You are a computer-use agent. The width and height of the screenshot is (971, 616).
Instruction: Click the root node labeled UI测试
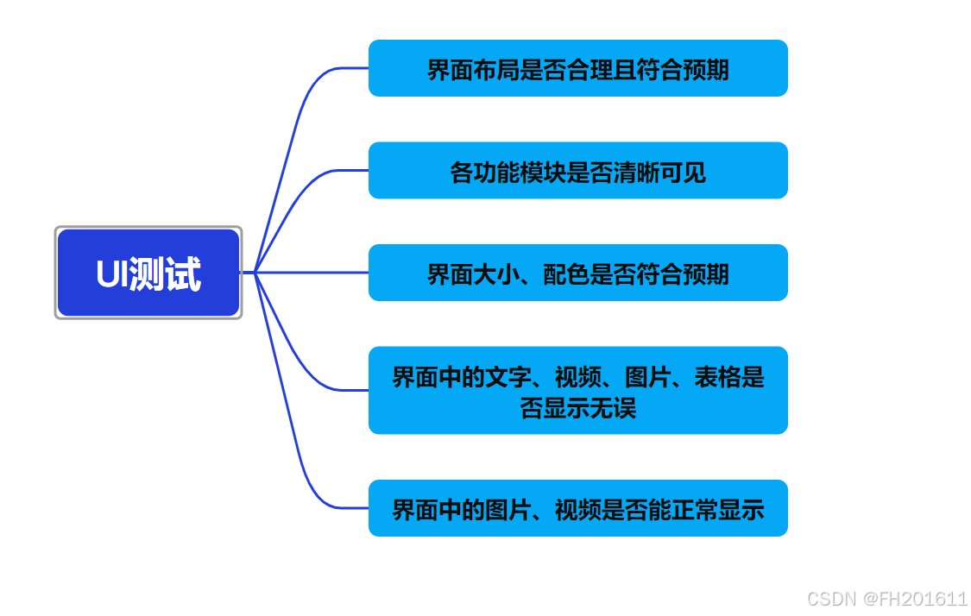[x=148, y=273]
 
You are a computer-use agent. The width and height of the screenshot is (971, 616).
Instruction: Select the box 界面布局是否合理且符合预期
[x=577, y=68]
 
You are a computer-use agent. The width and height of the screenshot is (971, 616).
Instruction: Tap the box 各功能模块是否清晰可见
[x=577, y=171]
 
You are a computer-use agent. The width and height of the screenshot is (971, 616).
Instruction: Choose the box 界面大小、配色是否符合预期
[x=577, y=273]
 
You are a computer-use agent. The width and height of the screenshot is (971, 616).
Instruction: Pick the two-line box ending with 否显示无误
[x=577, y=390]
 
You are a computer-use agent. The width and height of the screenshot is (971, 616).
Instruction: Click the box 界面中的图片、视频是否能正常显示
[x=577, y=508]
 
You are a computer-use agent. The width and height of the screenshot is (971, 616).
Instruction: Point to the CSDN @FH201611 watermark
[x=887, y=599]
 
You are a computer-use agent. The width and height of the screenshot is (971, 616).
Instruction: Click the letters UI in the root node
[x=111, y=274]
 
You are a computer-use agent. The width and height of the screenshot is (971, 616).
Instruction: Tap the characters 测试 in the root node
[x=165, y=274]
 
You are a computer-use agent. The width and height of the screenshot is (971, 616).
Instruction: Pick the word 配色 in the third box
[x=566, y=274]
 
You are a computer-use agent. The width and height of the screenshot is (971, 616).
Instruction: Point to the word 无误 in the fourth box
[x=613, y=407]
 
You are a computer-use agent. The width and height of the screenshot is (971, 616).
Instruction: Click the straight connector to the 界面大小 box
[x=311, y=273]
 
